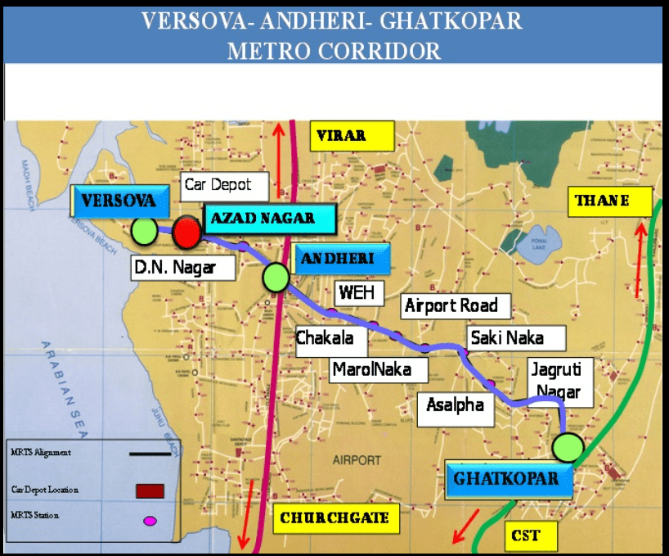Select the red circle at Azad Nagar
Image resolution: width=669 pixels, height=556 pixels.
[187, 233]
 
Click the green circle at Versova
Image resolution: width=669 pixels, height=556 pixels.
[144, 231]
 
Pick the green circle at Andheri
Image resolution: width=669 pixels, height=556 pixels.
[276, 278]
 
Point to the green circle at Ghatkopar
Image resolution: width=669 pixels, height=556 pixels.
[568, 448]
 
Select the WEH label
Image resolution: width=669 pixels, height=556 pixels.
[356, 292]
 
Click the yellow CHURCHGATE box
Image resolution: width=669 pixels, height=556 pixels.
[334, 518]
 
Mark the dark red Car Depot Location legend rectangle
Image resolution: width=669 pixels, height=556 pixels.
[150, 490]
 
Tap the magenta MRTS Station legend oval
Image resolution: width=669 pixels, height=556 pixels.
[150, 520]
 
